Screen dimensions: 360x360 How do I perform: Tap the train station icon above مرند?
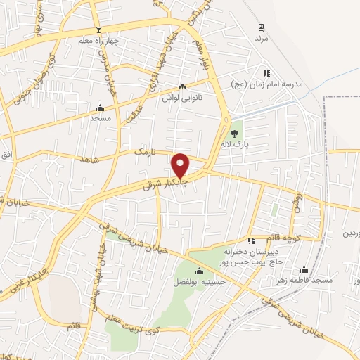[x=262, y=27]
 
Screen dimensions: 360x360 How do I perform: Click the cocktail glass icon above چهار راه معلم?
[x=99, y=30]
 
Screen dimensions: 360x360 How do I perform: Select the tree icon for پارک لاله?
[x=235, y=132]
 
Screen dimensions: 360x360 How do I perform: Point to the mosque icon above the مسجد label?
[x=100, y=108]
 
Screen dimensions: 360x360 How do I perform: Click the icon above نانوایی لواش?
[x=183, y=87]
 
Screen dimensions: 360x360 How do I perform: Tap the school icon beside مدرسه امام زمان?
[x=266, y=73]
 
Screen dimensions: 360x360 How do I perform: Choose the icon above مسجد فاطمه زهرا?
[x=304, y=269]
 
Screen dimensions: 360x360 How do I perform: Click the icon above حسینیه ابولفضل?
[x=198, y=271]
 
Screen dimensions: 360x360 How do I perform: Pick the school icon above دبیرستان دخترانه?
[x=251, y=240]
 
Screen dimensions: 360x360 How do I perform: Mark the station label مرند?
[x=262, y=39]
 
